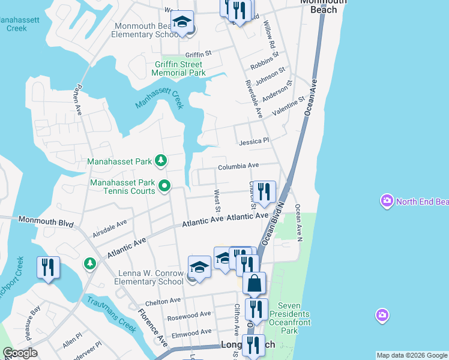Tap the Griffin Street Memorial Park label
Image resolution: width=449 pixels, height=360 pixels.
(179, 68)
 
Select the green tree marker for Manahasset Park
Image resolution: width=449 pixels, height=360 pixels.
(160, 160)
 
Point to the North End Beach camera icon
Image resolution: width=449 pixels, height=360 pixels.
(387, 200)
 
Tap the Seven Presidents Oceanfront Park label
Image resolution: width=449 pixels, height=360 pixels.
(289, 322)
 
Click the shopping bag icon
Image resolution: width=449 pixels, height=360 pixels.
(255, 283)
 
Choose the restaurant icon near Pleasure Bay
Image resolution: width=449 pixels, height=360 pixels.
(48, 267)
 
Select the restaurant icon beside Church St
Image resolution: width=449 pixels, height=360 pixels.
(264, 192)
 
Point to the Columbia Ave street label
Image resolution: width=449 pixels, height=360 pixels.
(238, 166)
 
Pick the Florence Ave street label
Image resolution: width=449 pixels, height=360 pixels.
(152, 327)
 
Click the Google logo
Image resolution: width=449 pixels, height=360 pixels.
(20, 353)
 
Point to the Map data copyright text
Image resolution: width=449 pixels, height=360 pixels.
(412, 355)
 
